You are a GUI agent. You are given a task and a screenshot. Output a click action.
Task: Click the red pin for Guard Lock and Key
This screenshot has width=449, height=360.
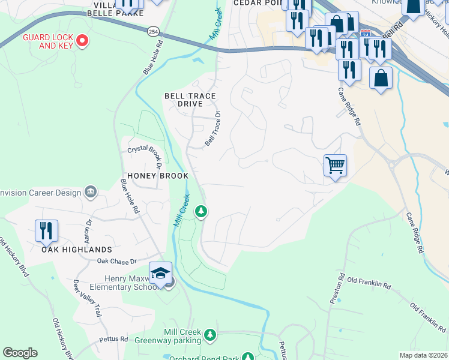(83, 41)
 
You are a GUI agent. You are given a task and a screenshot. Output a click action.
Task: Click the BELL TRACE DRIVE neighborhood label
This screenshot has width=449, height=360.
(190, 100)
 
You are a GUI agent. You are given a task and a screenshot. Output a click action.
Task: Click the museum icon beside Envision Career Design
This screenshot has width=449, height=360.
(91, 192)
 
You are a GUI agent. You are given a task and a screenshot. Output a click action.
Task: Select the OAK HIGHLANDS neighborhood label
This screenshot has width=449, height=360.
(77, 249)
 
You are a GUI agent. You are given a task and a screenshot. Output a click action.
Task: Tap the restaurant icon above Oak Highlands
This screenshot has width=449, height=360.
(46, 230)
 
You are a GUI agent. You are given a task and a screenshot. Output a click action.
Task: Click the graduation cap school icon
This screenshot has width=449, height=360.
(160, 274)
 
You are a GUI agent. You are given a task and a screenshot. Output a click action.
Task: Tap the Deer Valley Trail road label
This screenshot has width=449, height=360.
(86, 298)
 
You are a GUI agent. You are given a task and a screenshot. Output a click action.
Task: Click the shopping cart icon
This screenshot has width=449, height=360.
(335, 165)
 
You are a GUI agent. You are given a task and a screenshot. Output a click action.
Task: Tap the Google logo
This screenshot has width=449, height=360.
(20, 353)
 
